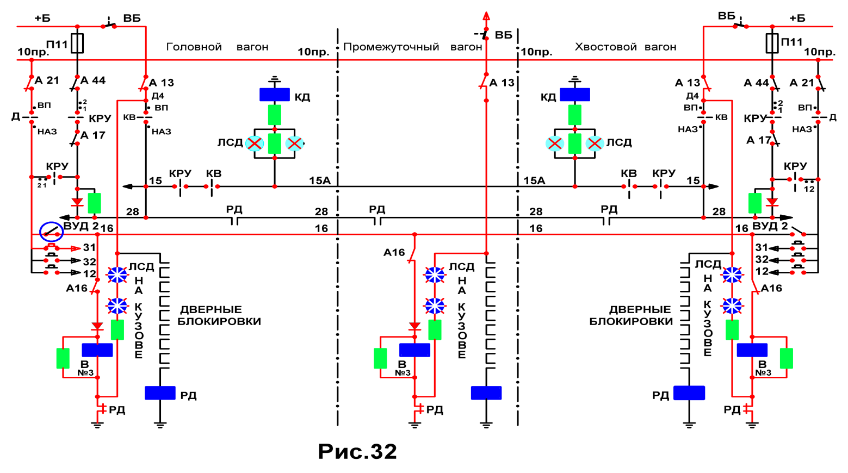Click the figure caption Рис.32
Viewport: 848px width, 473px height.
pos(357,451)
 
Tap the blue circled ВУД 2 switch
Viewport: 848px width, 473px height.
pos(52,232)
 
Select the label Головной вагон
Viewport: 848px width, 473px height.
pos(217,47)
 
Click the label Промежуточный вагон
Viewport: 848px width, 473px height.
pos(413,47)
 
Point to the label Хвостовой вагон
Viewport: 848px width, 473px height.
pos(626,47)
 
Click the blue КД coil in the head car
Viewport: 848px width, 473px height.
pos(275,95)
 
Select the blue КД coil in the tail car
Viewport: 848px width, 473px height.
pos(575,95)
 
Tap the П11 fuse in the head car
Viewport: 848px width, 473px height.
pos(77,43)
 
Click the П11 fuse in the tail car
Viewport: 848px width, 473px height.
pos(772,43)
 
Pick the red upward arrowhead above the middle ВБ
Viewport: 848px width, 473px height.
pos(486,16)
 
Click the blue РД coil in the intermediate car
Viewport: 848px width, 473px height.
pos(486,393)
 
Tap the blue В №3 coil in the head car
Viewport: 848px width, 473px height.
pos(97,350)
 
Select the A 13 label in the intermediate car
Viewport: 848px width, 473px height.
pos(502,83)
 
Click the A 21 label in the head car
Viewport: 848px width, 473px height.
pos(47,80)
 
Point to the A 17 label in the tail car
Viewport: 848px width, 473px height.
pos(759,140)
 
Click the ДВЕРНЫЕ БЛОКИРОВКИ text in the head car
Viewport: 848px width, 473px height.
pos(219,315)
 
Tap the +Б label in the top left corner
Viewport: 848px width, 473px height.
pos(42,18)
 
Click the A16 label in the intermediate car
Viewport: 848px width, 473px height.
pos(394,252)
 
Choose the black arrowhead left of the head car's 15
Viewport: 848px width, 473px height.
pos(127,186)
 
